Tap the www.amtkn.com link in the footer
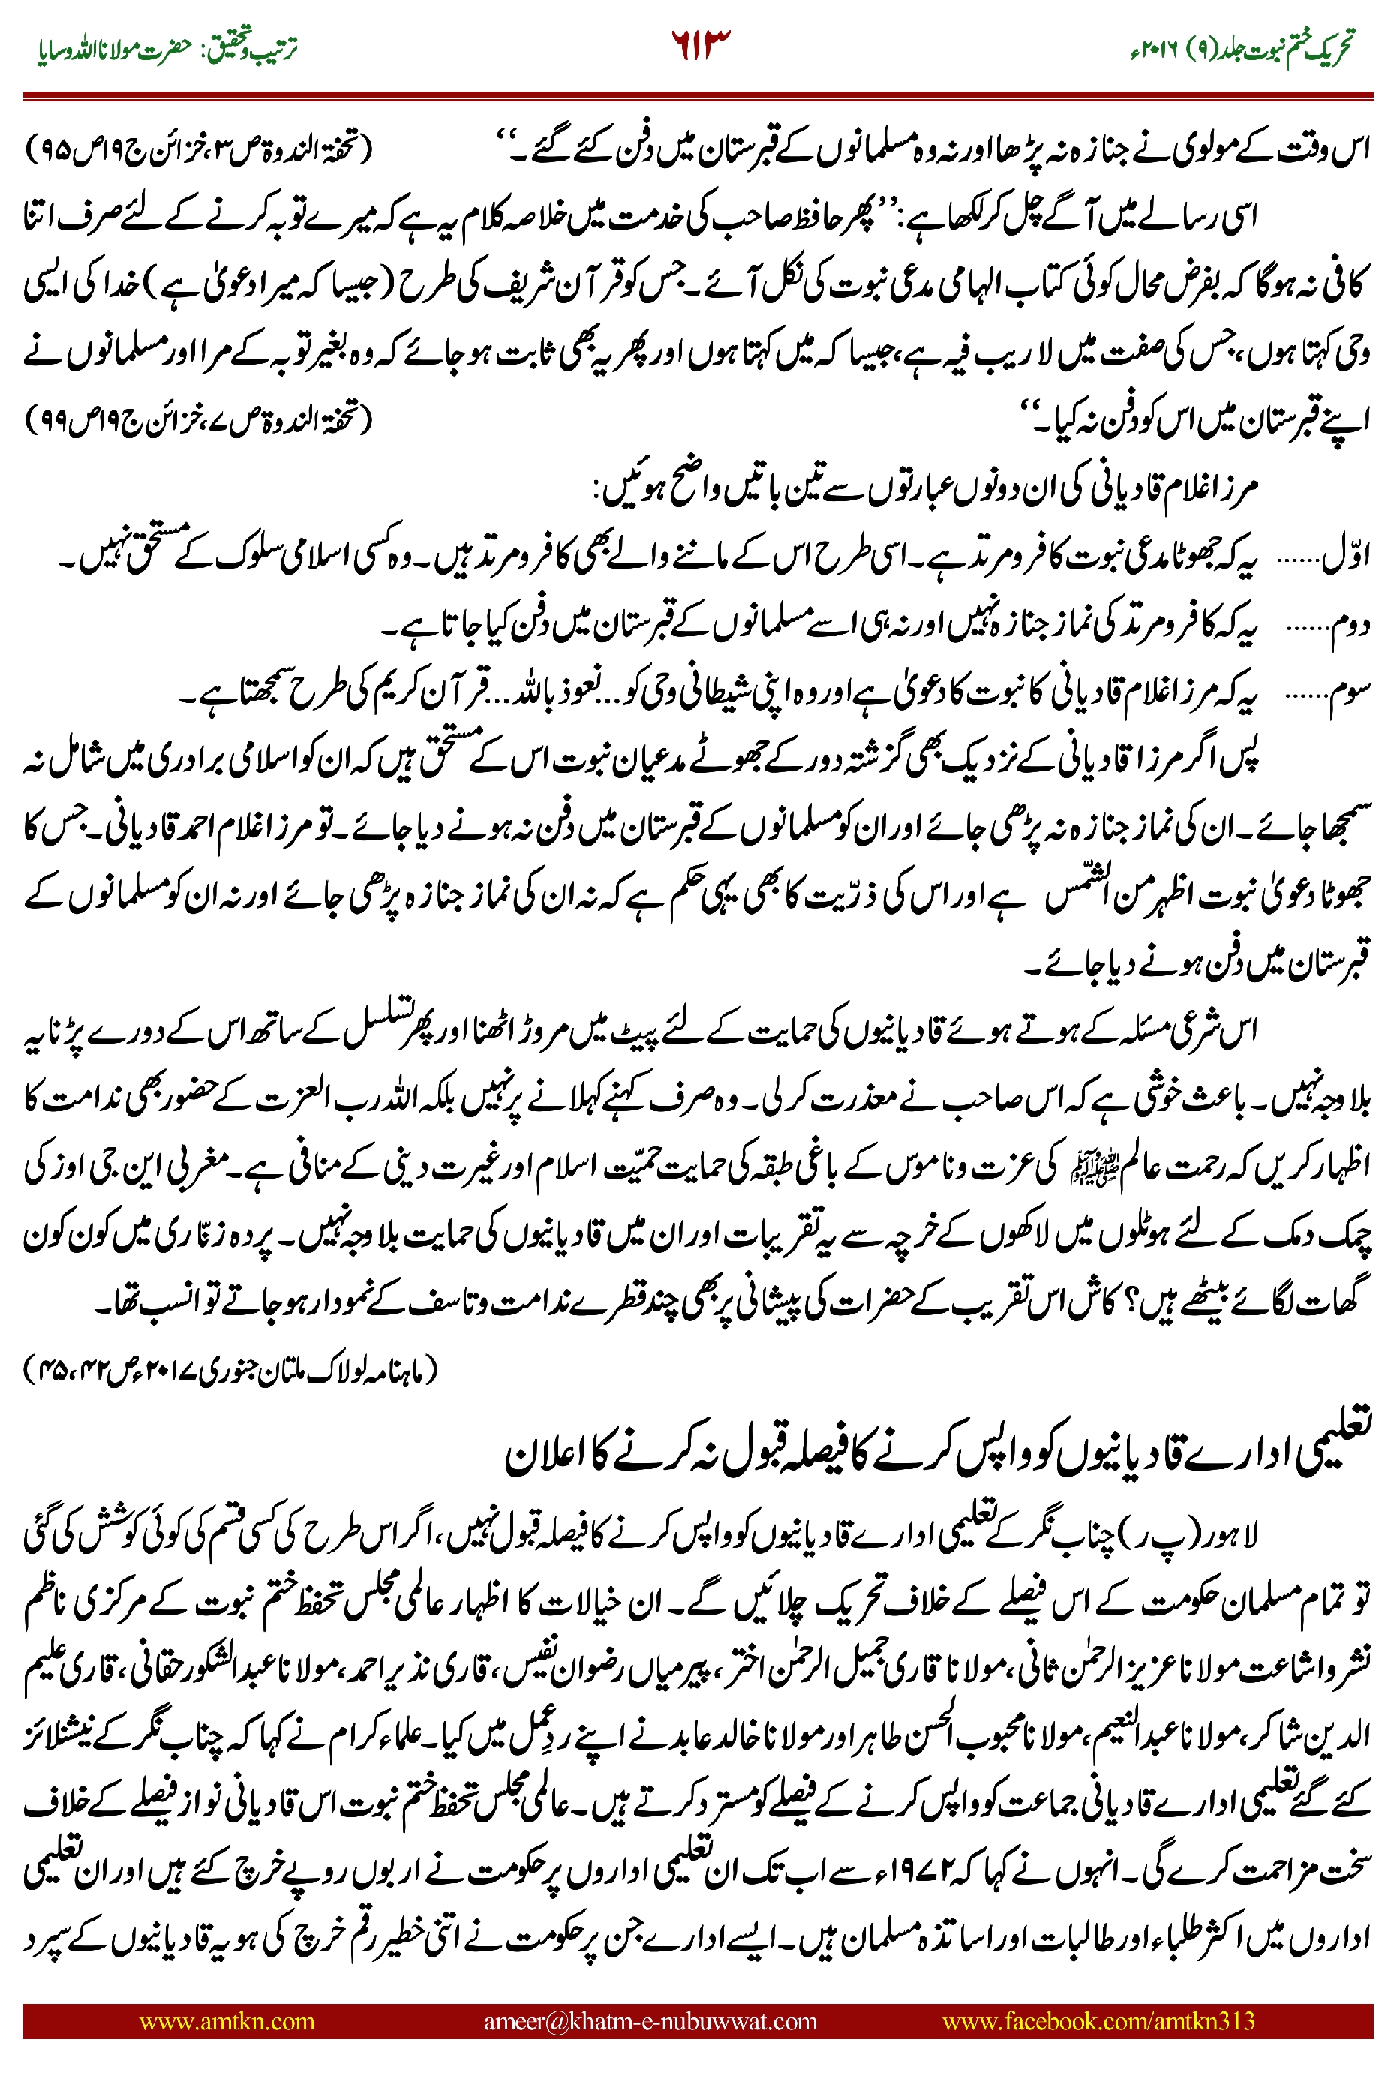[x=227, y=2020]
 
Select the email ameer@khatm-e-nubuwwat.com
[x=650, y=2020]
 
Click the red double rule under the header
[x=697, y=95]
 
